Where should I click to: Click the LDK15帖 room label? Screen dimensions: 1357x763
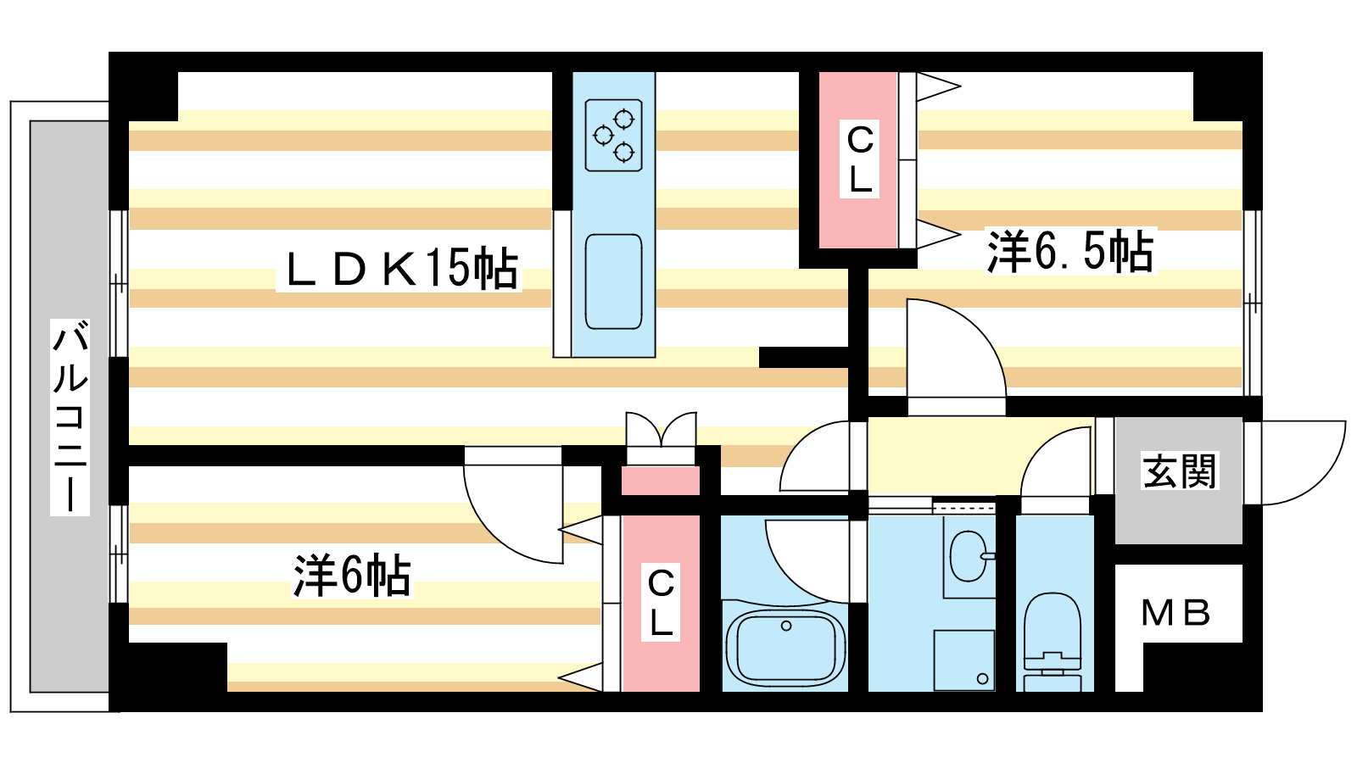pyautogui.click(x=399, y=269)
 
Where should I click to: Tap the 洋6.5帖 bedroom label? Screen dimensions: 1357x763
pyautogui.click(x=1071, y=251)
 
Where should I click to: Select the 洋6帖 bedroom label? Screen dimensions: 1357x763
pyautogui.click(x=352, y=576)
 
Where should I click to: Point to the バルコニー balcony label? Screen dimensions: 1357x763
pyautogui.click(x=70, y=417)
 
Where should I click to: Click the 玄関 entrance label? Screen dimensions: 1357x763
pyautogui.click(x=1179, y=471)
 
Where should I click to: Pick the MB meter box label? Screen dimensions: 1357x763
pyautogui.click(x=1176, y=613)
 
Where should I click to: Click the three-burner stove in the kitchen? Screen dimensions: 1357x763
pyautogui.click(x=614, y=135)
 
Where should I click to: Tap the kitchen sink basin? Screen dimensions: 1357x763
pyautogui.click(x=614, y=281)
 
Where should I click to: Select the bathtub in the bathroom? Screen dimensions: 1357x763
pyautogui.click(x=785, y=647)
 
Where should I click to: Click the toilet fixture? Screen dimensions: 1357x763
pyautogui.click(x=1053, y=641)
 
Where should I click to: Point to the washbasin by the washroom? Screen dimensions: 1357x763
pyautogui.click(x=970, y=556)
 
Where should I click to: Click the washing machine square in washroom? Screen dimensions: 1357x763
pyautogui.click(x=963, y=660)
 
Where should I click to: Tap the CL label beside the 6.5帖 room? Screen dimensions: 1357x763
pyautogui.click(x=860, y=159)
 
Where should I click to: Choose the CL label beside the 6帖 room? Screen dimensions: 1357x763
pyautogui.click(x=661, y=603)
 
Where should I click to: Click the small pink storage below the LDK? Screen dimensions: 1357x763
pyautogui.click(x=661, y=481)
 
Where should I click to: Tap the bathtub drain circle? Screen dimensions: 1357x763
pyautogui.click(x=786, y=627)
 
